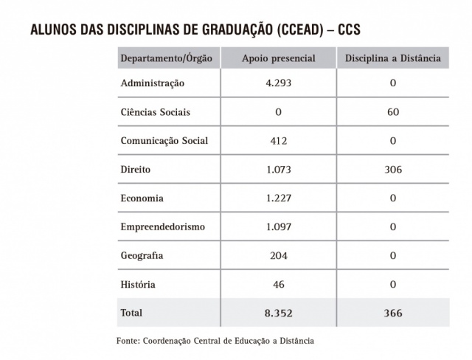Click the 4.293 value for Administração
pos(279,83)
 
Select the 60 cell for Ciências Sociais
pos(393,112)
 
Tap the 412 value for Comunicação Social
pos(279,141)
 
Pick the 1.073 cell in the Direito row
pos(279,170)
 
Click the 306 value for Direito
pos(393,170)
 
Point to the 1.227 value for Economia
pos(279,198)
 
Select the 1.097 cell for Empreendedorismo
pos(279,227)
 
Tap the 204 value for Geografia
pos(279,256)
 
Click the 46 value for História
pos(279,284)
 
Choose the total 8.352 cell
pos(279,314)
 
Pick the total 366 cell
pos(393,314)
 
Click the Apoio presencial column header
pos(279,58)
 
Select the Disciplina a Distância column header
pos(393,58)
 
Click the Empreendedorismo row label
pos(162,227)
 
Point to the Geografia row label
pos(142,256)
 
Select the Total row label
pos(132,313)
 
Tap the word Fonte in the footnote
pos(128,341)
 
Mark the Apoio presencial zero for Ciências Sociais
pos(279,112)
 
